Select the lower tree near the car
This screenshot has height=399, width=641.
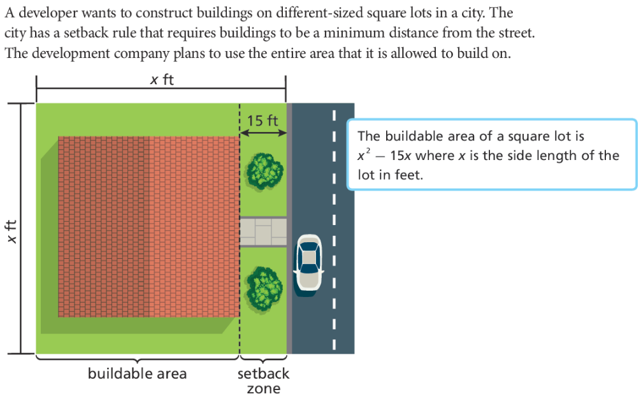tap(264, 285)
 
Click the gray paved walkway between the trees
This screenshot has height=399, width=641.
tap(263, 232)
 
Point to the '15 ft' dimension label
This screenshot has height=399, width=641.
tap(263, 120)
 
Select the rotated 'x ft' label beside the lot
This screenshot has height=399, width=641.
tap(12, 231)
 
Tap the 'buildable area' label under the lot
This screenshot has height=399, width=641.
tap(137, 374)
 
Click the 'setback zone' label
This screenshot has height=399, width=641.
tap(263, 381)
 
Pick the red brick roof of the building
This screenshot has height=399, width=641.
tap(147, 226)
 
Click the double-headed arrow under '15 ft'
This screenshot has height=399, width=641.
tap(263, 132)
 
